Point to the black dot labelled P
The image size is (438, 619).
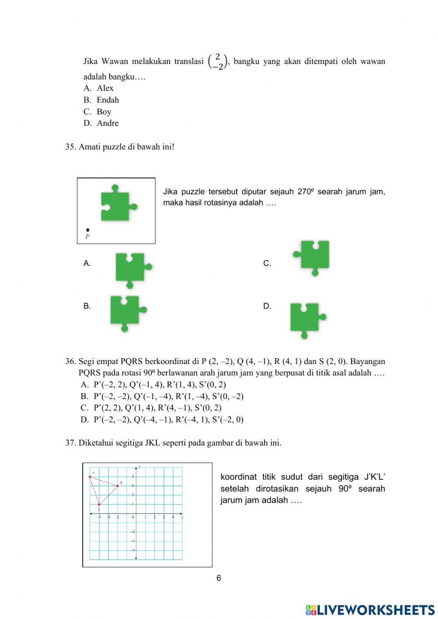88,230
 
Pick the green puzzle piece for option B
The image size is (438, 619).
127,311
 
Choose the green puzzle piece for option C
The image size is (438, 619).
313,256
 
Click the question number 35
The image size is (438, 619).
71,147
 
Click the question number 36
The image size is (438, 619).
71,361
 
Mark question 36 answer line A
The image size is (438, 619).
153,385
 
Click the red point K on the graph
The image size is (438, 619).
117,485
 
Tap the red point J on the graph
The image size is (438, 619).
90,477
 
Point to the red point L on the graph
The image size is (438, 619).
99,505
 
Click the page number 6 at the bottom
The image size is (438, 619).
219,578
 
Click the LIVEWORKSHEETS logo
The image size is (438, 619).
370,610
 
